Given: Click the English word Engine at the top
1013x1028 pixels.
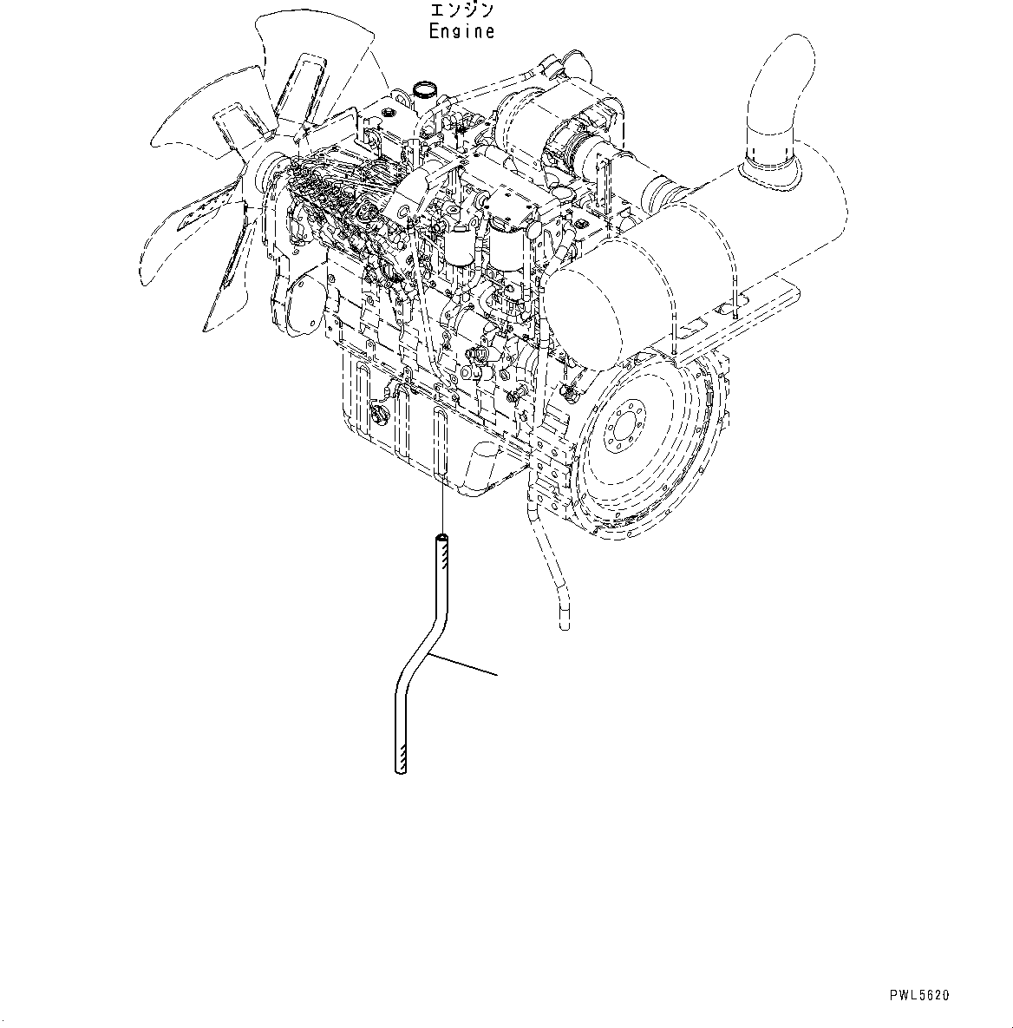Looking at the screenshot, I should (462, 32).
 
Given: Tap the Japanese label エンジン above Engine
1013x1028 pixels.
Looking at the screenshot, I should (462, 11).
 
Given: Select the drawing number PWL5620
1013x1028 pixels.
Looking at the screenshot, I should (918, 996).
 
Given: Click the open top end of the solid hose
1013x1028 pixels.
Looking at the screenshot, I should (442, 540).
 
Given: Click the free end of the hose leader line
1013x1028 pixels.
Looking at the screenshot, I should (496, 673).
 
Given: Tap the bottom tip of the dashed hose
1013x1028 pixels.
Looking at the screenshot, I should (565, 620).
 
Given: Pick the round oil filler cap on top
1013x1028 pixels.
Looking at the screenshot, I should (426, 88).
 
